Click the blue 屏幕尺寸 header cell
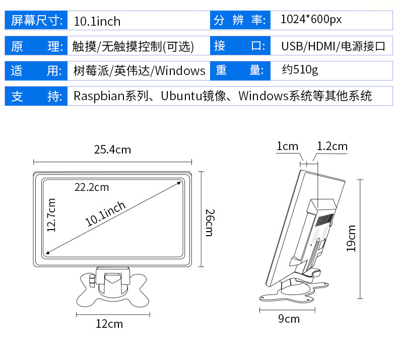[36, 21]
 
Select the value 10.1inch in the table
[97, 21]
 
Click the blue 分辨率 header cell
[239, 21]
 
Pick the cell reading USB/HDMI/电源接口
[333, 46]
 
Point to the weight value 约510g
[300, 70]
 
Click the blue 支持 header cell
[36, 96]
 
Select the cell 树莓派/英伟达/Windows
[139, 70]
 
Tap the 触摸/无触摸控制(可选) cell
[133, 46]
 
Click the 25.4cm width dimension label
[112, 150]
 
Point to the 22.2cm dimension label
[92, 187]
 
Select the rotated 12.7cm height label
[51, 215]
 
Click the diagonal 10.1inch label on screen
[105, 214]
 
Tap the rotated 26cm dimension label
[209, 222]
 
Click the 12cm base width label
[109, 324]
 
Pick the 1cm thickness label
[287, 147]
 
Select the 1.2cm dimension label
[332, 147]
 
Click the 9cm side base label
[289, 319]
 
